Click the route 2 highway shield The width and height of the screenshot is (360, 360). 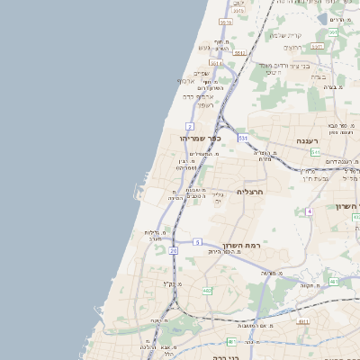tap(190, 126)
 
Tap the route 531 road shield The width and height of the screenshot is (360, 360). tap(243, 138)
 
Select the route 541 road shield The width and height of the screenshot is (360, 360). tap(316, 153)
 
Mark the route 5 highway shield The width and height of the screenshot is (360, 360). tap(197, 242)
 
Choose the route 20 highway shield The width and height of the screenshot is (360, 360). tap(173, 250)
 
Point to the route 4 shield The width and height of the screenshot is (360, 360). tap(309, 211)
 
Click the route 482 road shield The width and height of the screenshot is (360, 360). tap(208, 291)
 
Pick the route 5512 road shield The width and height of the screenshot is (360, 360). tap(239, 53)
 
